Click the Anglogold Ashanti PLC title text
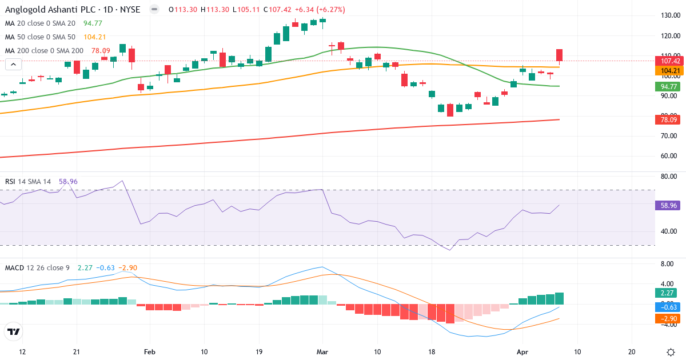[42, 10]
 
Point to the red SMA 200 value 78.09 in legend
[97, 51]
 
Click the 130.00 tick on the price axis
[670, 15]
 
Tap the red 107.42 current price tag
[669, 61]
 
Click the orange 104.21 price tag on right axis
[669, 71]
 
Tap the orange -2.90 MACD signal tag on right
[667, 318]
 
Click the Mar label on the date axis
[322, 351]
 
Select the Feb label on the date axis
[150, 351]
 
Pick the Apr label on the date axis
[523, 351]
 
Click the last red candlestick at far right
[560, 55]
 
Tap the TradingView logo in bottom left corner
[14, 331]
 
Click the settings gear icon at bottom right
[671, 351]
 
